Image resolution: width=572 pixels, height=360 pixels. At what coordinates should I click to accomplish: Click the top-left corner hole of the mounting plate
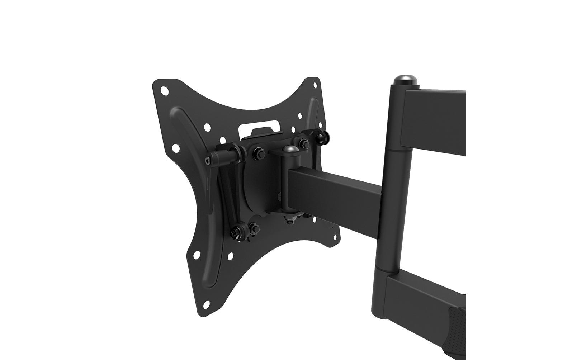165,90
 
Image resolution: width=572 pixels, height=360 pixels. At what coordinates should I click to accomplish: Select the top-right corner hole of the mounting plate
315,85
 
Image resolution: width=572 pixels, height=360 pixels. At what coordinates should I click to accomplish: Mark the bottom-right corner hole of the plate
336,236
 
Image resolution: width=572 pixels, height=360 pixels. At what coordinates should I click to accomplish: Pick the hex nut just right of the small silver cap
304,143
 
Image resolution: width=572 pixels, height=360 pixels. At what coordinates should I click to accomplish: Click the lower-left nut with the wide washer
237,232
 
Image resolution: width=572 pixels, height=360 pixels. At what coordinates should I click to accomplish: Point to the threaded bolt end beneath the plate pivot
290,219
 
